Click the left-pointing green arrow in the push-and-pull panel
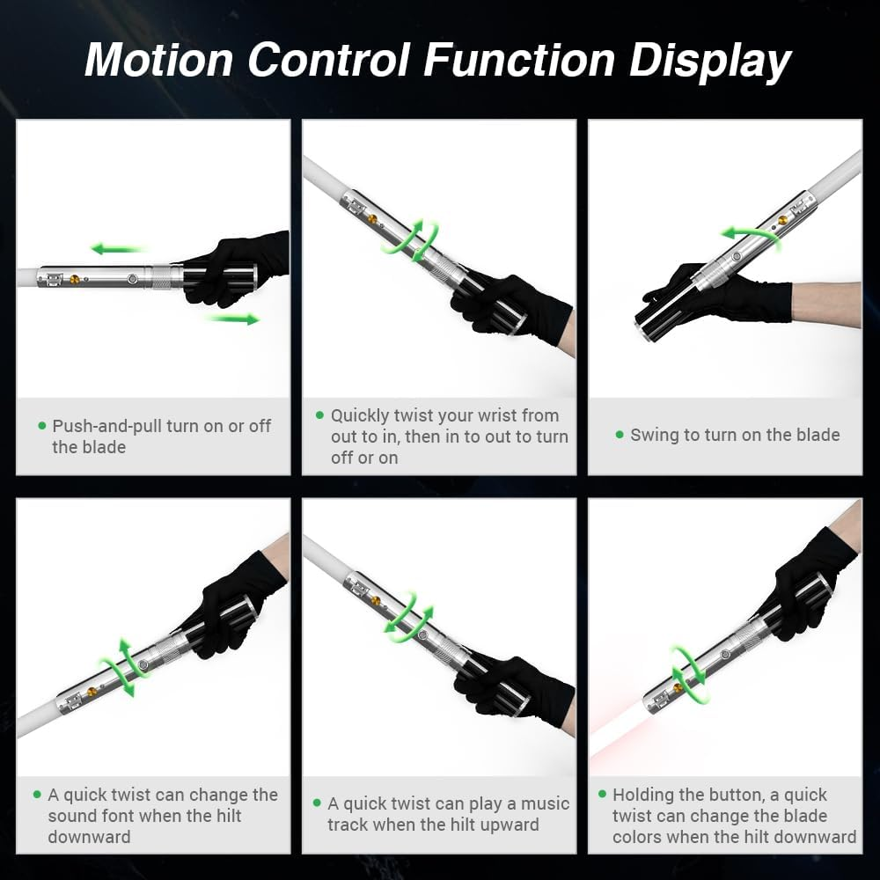coord(117,249)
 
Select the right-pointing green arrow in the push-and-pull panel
coord(234,319)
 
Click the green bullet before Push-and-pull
coord(41,426)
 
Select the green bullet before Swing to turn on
coord(619,435)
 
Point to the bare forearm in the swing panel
coord(827,304)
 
